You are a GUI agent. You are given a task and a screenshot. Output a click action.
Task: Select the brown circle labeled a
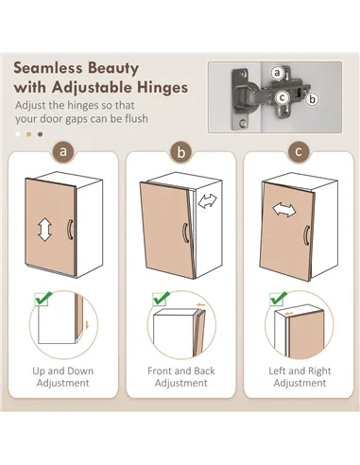63,151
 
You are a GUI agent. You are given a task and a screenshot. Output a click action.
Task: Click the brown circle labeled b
181,152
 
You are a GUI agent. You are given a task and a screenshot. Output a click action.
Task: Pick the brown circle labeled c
299,152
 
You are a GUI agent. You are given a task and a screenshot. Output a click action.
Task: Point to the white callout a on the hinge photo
277,73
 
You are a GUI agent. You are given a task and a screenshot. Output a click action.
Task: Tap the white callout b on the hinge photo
312,99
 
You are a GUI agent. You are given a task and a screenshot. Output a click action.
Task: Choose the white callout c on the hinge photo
282,97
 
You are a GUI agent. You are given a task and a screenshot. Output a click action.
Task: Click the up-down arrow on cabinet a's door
44,231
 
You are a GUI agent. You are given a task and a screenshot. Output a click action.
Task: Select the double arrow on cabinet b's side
208,200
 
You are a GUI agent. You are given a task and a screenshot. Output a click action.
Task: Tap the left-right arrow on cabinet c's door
284,210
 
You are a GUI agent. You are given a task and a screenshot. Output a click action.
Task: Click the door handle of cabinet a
70,230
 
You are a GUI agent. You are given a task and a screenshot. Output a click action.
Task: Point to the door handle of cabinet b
185,232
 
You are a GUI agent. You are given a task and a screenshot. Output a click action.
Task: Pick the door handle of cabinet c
306,235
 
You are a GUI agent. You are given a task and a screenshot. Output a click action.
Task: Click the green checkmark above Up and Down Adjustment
43,298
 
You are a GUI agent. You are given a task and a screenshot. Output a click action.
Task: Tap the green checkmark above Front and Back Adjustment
161,298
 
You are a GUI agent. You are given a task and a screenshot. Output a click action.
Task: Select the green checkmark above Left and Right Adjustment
279,298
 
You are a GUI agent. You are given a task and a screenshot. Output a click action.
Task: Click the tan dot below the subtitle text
29,134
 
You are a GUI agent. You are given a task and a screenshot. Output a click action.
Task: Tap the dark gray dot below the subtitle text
40,134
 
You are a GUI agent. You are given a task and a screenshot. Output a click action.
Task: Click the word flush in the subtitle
136,118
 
